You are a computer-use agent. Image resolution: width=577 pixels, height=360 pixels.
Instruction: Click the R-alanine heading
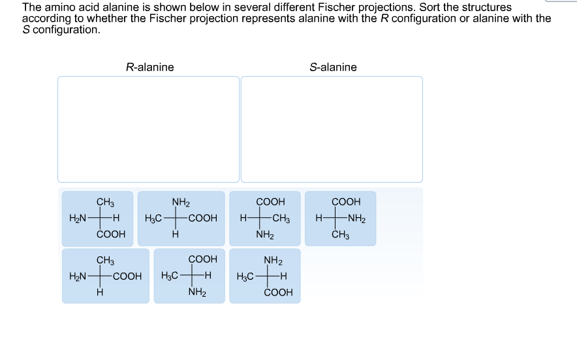149,67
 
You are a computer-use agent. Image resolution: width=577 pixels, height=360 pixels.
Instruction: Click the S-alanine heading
333,67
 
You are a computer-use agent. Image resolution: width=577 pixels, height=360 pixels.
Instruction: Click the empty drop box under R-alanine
148,129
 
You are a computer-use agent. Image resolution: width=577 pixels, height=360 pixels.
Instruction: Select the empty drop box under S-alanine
332,129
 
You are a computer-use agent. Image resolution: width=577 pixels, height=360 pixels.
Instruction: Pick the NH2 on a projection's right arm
356,218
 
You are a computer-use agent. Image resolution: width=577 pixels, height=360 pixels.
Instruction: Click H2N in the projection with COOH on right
78,277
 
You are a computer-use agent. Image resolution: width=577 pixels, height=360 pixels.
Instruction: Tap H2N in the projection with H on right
78,218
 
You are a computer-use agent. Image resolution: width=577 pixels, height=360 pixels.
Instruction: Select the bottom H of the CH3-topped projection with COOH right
99,293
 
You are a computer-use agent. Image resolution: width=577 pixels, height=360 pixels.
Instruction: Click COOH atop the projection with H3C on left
202,260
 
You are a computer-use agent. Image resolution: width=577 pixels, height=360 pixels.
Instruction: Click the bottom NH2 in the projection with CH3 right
264,235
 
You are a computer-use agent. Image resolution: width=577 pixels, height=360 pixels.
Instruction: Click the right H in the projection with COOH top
208,277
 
